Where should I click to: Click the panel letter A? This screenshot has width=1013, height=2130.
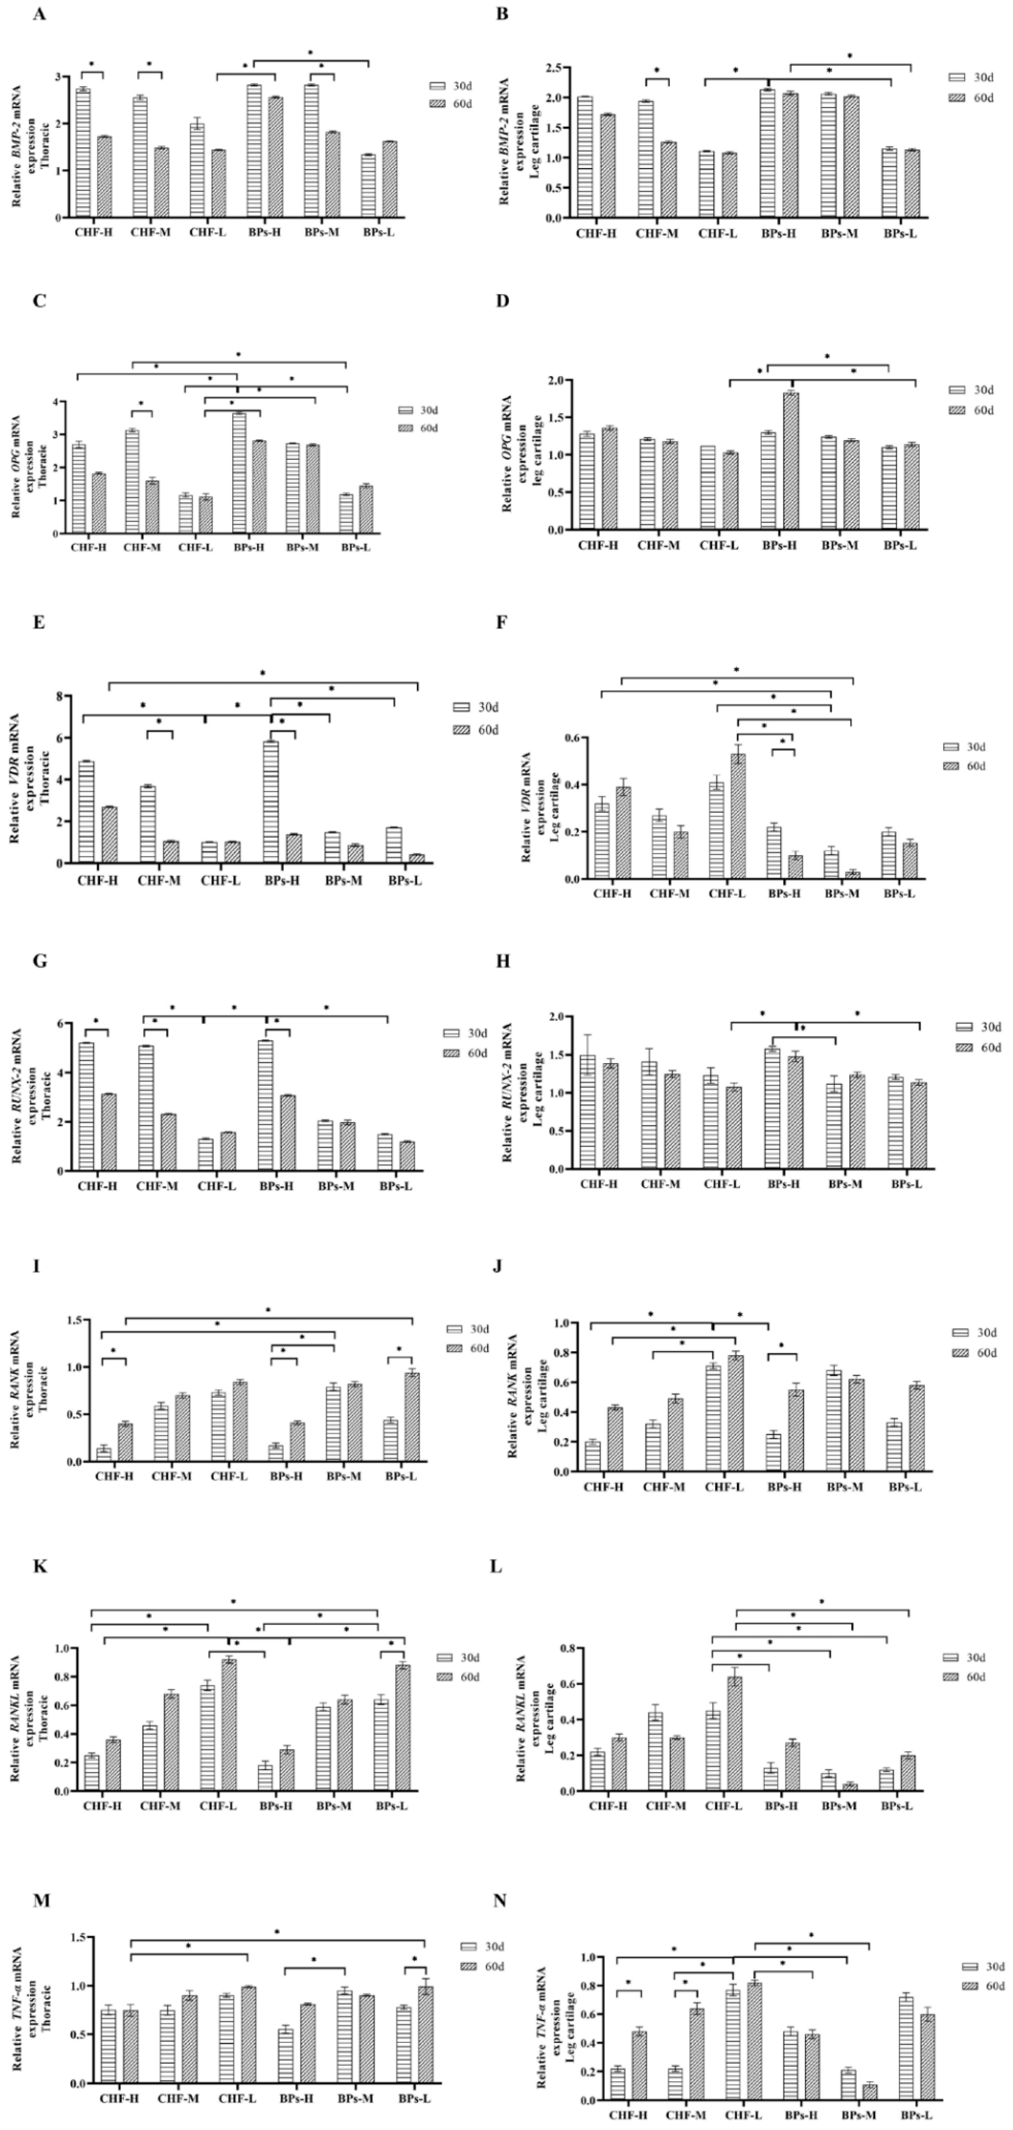(39, 14)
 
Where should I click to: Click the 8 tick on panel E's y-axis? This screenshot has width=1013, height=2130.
(60, 696)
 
